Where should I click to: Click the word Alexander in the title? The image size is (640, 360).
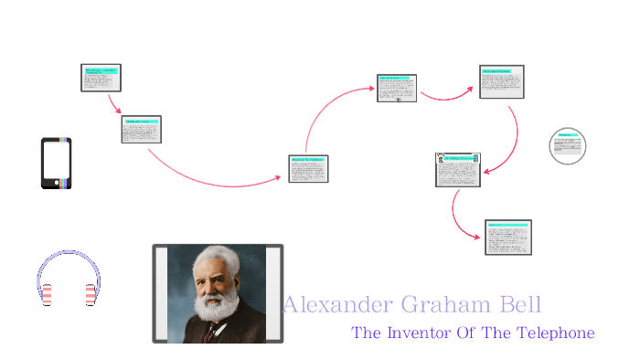click(333, 305)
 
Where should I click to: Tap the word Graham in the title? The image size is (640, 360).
click(439, 305)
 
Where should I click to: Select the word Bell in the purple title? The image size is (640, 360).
click(519, 305)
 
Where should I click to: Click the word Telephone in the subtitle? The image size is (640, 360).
click(555, 333)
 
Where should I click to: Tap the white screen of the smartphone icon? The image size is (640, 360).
click(56, 162)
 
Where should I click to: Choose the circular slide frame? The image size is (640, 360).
click(568, 146)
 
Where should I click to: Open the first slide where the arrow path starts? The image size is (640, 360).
click(101, 78)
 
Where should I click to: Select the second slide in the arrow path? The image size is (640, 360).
click(141, 130)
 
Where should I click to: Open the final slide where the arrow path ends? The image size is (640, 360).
click(508, 237)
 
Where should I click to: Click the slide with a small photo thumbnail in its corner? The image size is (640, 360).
click(458, 170)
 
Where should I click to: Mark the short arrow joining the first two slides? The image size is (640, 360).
click(114, 103)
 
